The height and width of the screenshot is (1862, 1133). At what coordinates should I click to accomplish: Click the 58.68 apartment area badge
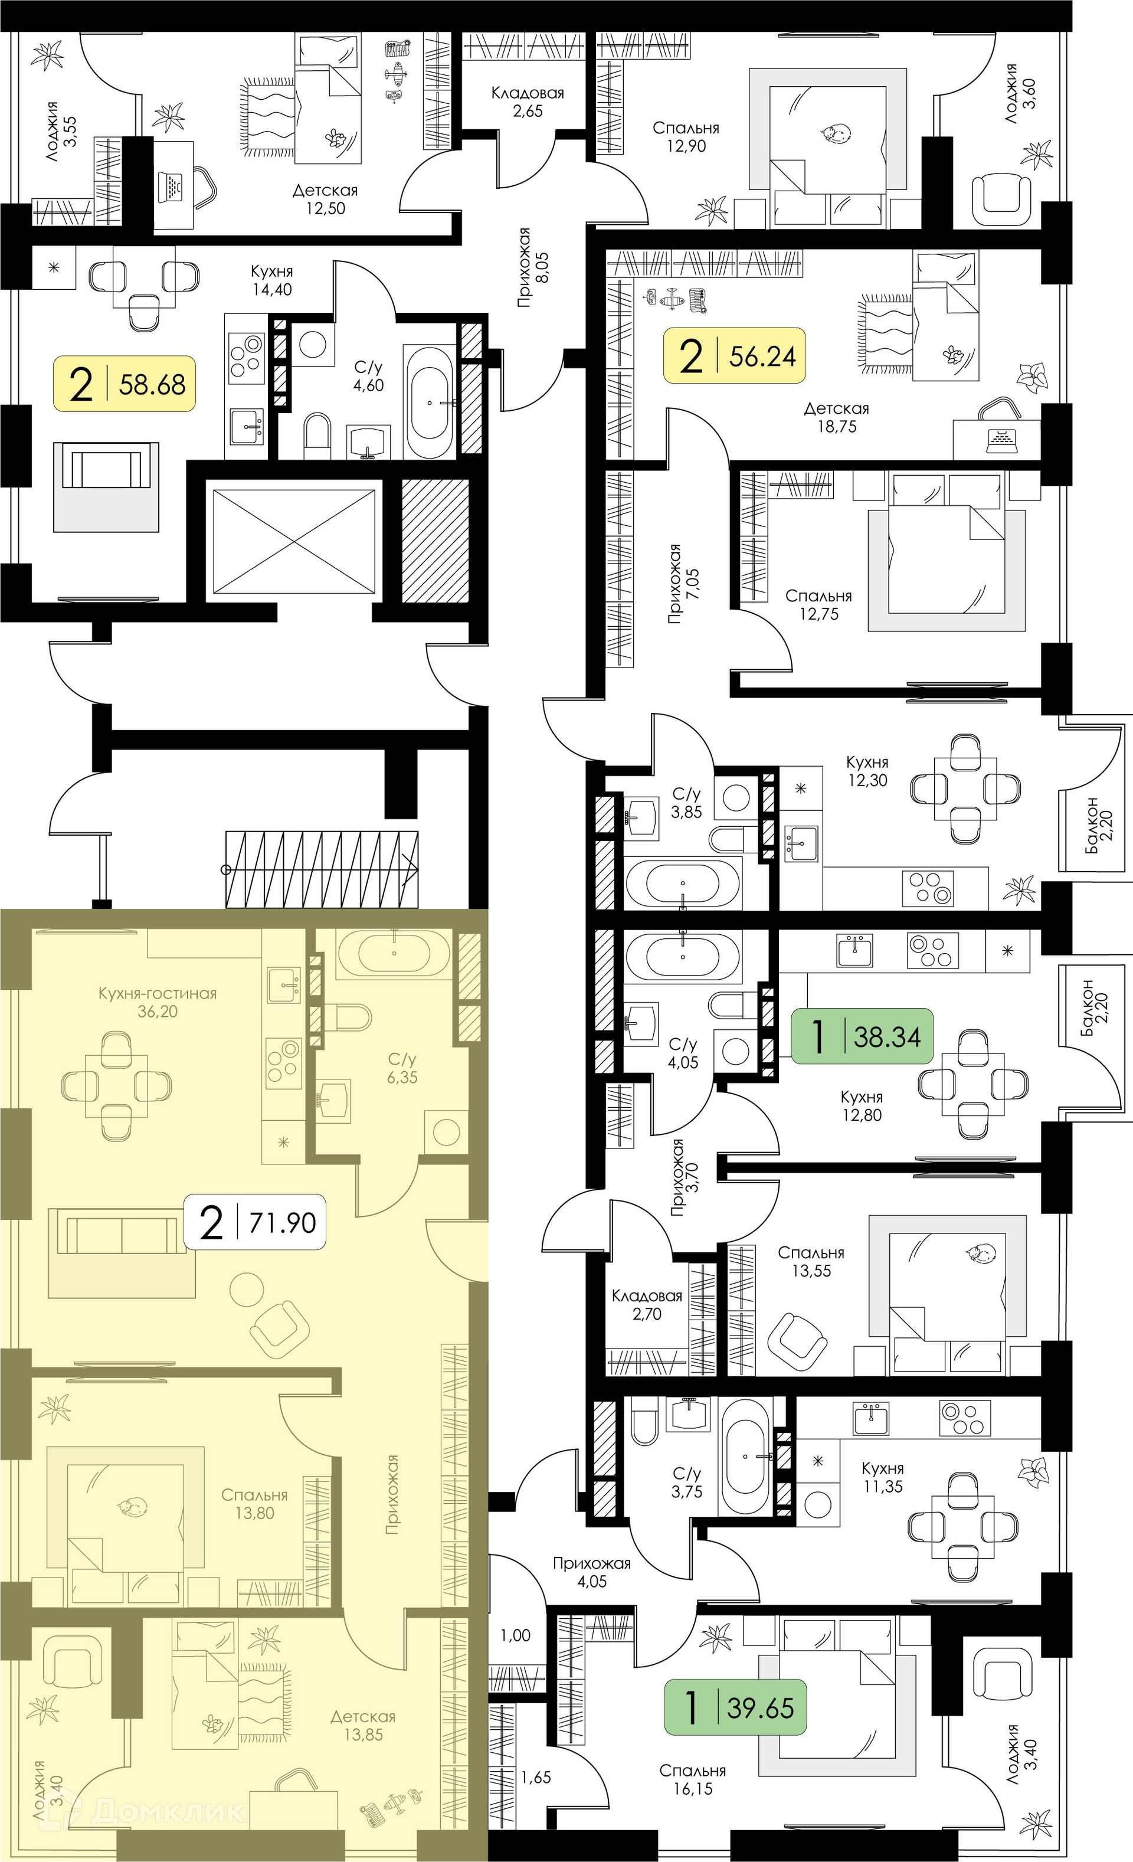(x=124, y=383)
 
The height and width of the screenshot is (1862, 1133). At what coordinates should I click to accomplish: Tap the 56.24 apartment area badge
(x=734, y=355)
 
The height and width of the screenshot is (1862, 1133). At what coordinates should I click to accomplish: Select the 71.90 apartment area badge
(x=255, y=1222)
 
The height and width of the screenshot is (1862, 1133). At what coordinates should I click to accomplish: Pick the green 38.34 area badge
(x=862, y=1036)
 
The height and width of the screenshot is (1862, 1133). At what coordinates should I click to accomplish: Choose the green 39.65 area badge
(x=735, y=1707)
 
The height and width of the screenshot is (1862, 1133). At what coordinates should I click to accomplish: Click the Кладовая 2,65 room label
(x=528, y=102)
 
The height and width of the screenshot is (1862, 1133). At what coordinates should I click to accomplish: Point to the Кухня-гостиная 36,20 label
(x=157, y=1002)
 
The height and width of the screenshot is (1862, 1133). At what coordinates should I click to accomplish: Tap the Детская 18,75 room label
(x=836, y=417)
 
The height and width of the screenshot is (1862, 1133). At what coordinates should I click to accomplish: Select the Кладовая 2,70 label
(x=647, y=1304)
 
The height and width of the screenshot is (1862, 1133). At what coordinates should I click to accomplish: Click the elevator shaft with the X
(x=294, y=541)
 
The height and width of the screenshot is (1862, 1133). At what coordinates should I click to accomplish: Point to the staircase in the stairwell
(x=322, y=869)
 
